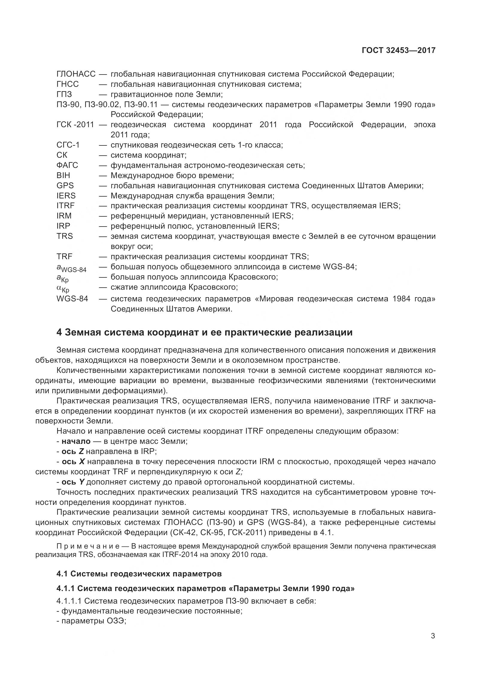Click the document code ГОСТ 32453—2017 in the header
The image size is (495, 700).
(398, 50)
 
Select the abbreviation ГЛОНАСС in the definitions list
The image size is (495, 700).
(76, 74)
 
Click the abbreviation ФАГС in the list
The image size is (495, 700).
(67, 165)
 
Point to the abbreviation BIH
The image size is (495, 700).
(63, 175)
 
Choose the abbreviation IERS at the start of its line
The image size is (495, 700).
(66, 195)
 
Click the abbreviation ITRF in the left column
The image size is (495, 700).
(66, 206)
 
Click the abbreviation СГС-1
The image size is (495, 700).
(68, 145)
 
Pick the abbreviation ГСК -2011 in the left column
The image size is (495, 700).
(75, 125)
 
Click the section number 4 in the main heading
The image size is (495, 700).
(59, 332)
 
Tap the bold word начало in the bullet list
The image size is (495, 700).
(76, 441)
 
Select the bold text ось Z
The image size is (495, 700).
(72, 451)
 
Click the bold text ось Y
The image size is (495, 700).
(73, 482)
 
